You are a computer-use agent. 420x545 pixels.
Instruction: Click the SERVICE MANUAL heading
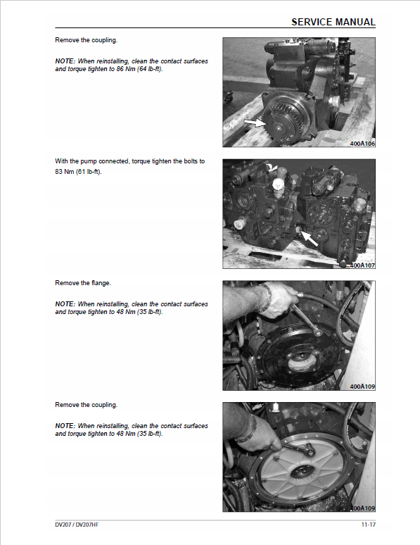pyautogui.click(x=333, y=23)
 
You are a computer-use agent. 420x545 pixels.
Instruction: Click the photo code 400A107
pyautogui.click(x=362, y=265)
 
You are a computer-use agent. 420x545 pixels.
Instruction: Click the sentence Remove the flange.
pyautogui.click(x=83, y=283)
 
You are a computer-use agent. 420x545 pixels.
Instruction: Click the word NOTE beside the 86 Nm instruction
pyautogui.click(x=65, y=61)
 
